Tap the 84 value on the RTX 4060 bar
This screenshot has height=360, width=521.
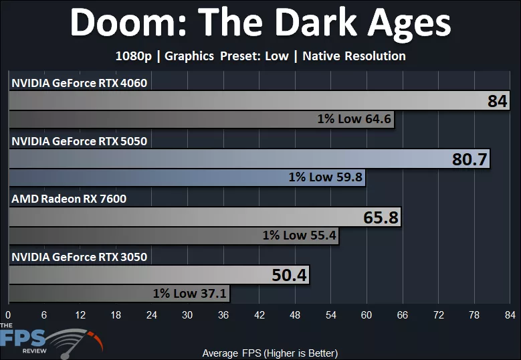(497, 102)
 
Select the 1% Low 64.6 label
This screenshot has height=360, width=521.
(354, 120)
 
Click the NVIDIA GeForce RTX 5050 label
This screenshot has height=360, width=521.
(79, 141)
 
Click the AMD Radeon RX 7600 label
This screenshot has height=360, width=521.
(68, 199)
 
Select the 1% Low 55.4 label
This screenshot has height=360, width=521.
(299, 236)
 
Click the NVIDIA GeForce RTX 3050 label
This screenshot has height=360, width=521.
(79, 256)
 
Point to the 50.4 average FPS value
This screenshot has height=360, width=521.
(290, 276)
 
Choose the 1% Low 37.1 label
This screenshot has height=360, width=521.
(190, 293)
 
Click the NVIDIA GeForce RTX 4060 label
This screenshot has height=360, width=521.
(79, 84)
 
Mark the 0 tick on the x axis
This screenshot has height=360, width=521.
(8, 315)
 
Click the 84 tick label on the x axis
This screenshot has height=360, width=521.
(510, 315)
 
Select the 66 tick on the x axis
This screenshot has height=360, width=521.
(403, 315)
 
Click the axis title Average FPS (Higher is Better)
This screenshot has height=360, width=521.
(270, 353)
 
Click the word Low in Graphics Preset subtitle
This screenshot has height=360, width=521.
(276, 56)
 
